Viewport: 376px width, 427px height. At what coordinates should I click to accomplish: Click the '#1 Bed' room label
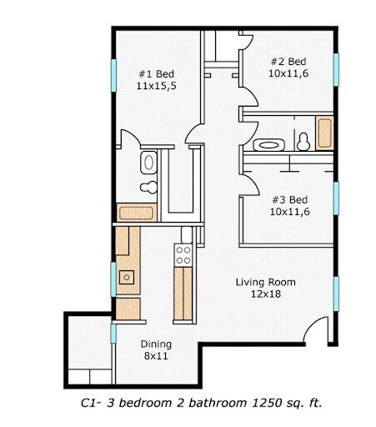pos(153,73)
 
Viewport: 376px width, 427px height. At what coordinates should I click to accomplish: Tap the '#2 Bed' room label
pos(287,62)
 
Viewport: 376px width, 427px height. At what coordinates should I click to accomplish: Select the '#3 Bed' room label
pos(289,199)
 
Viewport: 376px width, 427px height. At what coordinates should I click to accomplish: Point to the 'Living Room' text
pos(264,282)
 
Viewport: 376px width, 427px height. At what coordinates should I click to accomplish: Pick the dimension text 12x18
pos(264,294)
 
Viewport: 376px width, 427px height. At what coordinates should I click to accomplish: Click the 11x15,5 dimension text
pos(153,85)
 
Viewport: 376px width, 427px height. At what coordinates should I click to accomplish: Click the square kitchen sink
pos(128,276)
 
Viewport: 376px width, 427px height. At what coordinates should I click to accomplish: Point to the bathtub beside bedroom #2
pos(325,133)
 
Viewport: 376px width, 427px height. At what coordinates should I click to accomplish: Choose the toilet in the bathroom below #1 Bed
pos(148,186)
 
